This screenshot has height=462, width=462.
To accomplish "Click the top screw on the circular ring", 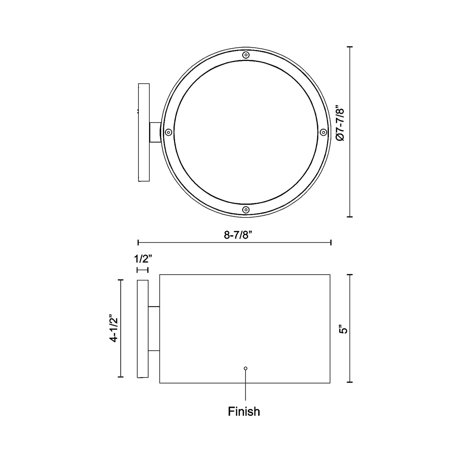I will pos(246,55).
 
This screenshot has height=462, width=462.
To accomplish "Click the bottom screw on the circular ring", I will pos(246,210).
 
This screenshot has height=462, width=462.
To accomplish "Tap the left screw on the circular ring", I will pos(168,132).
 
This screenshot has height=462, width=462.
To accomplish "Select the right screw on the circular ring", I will pos(323,132).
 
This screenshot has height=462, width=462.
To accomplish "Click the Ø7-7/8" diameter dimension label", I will pos(341,124).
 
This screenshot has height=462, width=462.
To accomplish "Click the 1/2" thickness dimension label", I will pos(142,258).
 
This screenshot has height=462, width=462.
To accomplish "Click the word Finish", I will pos(244,411).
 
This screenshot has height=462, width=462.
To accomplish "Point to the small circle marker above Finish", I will pos(246,368).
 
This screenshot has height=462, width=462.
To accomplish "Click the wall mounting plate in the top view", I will pos(144,132).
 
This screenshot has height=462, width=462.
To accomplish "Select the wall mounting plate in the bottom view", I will pos(142,329).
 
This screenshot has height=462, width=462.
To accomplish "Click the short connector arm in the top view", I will pos(155,132).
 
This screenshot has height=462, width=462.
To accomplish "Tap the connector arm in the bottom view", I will pos(154,329).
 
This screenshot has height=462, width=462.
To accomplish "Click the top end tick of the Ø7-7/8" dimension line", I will pos(350,47).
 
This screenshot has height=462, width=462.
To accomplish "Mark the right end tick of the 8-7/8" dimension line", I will pos(330,242).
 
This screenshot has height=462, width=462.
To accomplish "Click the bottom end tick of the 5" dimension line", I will pos(350,382).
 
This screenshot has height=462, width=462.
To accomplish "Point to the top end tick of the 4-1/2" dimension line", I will pos(121,280).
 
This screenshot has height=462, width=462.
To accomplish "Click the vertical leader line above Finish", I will pos(246,385).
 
